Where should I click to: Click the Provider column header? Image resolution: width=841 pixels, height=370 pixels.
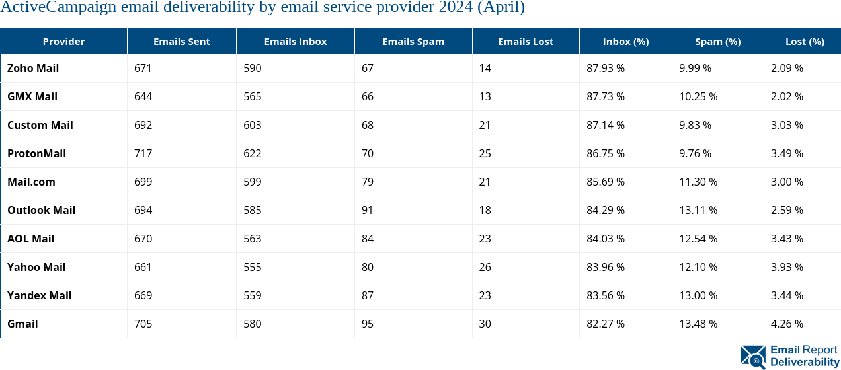coord(63,42)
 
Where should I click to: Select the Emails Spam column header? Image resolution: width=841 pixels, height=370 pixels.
coord(413,42)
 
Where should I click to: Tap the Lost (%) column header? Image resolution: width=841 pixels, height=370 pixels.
coord(805,42)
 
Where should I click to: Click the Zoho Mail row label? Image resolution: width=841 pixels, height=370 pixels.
coord(33,68)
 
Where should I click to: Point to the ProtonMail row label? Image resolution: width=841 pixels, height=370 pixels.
coord(36,153)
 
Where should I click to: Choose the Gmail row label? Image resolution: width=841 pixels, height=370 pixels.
coord(22,324)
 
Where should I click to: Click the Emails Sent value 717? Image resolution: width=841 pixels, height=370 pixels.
coord(143,153)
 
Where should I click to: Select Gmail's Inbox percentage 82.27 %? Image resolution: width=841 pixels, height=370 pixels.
coord(606,324)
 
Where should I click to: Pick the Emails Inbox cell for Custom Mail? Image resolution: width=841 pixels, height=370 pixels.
coord(252,125)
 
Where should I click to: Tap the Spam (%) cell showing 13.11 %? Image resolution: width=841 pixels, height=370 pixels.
coord(698,210)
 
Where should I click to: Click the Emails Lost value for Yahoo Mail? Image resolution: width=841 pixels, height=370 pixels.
coord(485,267)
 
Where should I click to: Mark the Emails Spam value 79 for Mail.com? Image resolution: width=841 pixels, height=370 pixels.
coord(368,182)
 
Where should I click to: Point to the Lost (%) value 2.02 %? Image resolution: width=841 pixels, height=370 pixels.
coord(787,96)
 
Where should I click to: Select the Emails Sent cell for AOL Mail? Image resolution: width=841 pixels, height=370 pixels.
coord(143,239)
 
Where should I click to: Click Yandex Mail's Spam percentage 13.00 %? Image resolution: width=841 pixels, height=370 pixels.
coord(698,295)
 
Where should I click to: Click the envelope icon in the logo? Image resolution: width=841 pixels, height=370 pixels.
coord(753,357)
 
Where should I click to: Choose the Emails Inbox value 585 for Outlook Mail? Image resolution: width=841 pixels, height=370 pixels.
coord(252,210)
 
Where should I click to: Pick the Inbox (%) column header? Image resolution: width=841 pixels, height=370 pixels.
coord(625,42)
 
